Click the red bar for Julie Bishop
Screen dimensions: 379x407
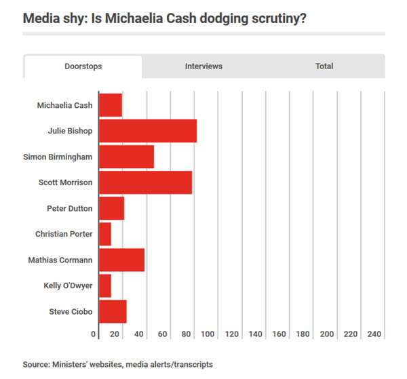(x=148, y=131)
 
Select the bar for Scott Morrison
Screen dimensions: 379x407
(x=145, y=182)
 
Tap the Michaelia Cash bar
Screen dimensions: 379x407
(x=111, y=105)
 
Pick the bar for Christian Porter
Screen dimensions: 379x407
(x=105, y=234)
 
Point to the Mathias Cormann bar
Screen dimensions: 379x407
(x=121, y=260)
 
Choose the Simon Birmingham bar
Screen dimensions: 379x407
(x=126, y=157)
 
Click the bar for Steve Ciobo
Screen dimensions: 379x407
(x=113, y=311)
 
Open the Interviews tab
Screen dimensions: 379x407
(x=203, y=66)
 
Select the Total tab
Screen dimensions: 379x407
(x=324, y=66)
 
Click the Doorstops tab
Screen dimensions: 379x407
(x=83, y=66)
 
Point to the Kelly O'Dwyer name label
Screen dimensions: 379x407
(x=68, y=285)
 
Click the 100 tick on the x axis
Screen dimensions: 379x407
(x=208, y=334)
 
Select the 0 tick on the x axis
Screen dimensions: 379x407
(x=93, y=334)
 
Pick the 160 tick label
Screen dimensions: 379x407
(x=279, y=334)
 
